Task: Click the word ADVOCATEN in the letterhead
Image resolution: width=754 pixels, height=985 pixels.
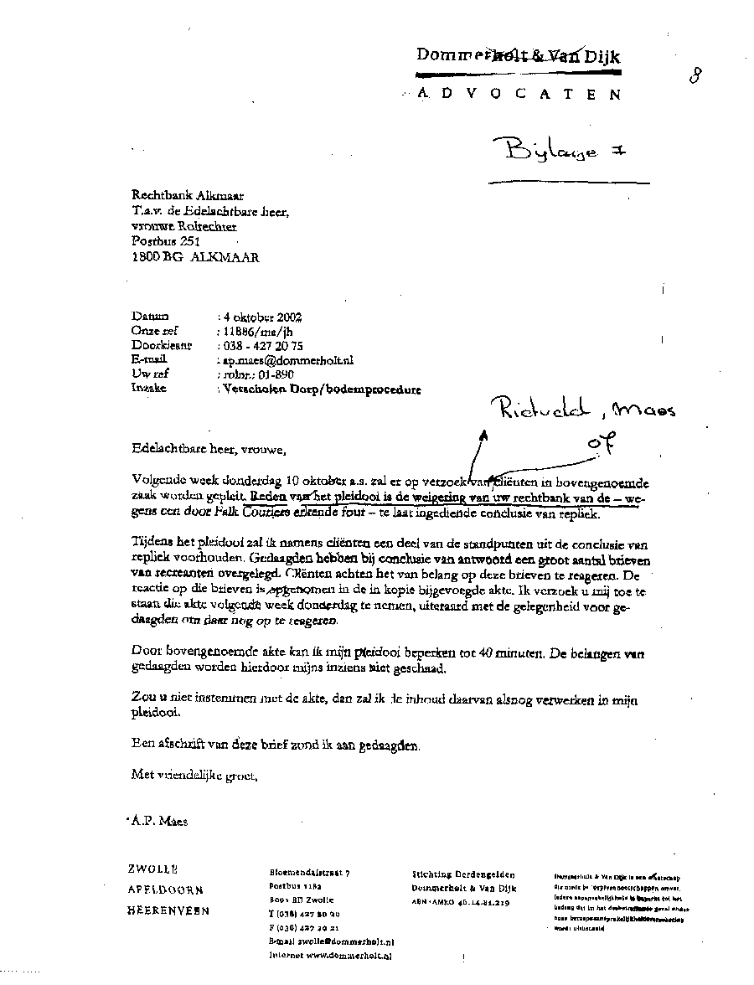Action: pos(519,95)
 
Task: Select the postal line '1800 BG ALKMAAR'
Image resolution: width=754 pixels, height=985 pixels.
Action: pos(196,258)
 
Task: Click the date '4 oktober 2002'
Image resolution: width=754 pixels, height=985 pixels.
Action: pos(261,317)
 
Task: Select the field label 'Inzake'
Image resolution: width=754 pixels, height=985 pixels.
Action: pos(149,389)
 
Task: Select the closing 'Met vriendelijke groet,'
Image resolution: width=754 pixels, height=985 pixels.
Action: pos(194,775)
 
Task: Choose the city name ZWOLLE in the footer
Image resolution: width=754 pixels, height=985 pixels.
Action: pos(152,870)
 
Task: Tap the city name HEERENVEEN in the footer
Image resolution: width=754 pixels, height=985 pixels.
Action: pos(169,910)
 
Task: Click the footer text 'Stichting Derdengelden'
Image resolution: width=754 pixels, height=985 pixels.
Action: pos(463,874)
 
